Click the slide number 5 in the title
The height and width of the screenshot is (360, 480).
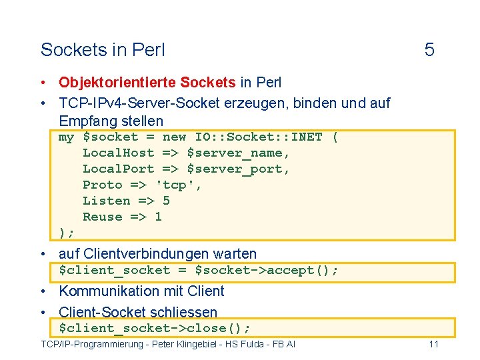429,50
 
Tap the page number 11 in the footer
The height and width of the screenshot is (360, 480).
433,344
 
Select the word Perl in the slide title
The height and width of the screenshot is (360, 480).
149,50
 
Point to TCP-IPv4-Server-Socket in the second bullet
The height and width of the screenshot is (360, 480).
139,103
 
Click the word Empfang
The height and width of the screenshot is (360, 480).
86,121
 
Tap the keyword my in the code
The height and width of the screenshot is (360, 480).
66,137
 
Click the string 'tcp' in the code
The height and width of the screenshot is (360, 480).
178,185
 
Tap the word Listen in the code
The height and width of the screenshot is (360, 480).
106,201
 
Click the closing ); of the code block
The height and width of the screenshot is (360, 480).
67,233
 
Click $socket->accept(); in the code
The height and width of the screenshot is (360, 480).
266,271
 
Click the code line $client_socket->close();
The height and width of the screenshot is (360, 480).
154,329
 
